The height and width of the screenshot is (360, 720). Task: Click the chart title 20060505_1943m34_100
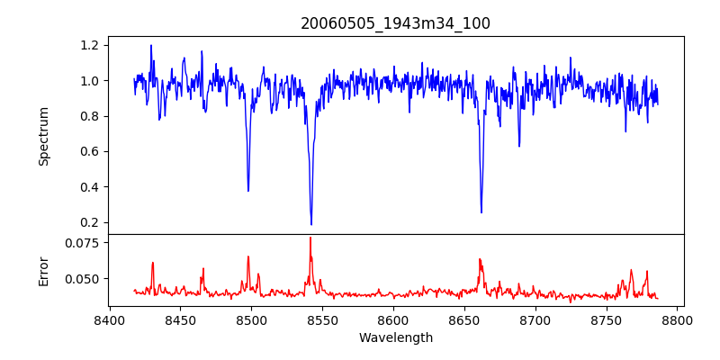pos(395,23)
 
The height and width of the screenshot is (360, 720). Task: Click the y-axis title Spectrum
pos(43,136)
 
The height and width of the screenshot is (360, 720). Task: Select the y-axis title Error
pos(43,270)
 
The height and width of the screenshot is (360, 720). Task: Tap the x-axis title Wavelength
pos(395,337)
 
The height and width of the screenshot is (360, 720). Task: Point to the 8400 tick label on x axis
pos(109,319)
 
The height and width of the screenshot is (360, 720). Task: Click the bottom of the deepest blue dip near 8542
pos(311,224)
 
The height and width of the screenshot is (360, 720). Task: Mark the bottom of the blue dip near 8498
pos(248,191)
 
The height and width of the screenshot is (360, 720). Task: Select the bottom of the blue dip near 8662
pos(481,212)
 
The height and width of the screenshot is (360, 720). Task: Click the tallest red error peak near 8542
pos(310,238)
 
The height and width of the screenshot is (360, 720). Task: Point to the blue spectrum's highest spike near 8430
pos(151,45)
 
